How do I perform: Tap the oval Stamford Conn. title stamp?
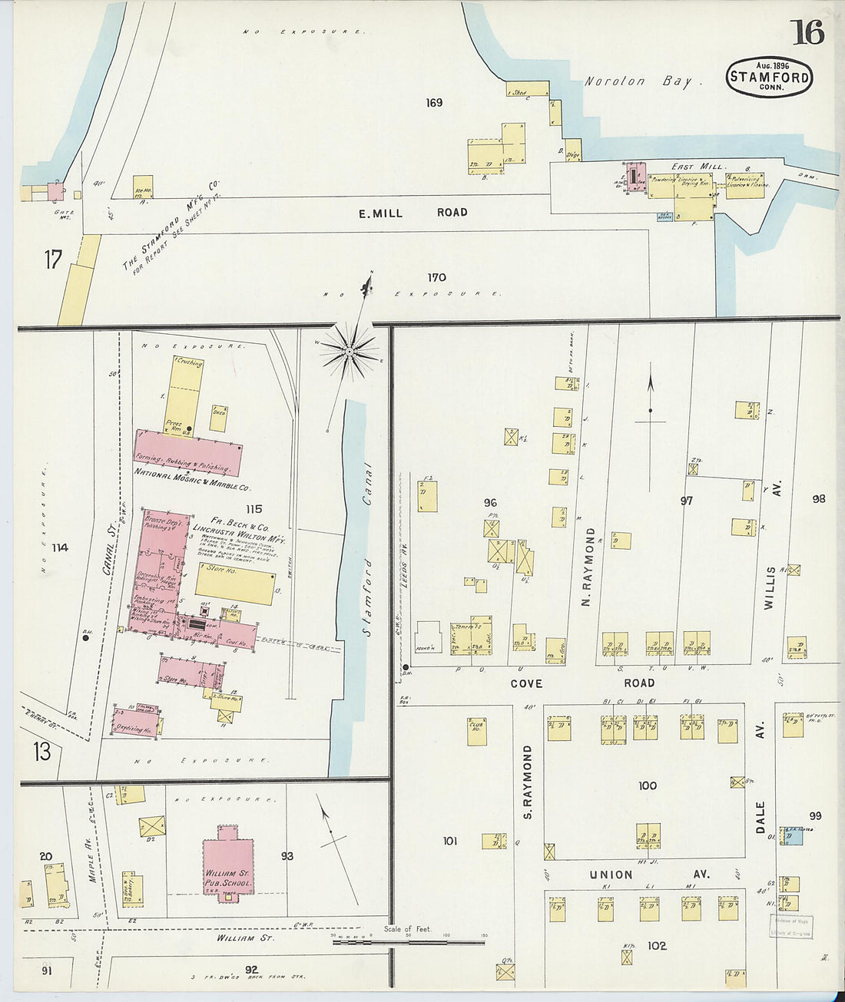(769, 77)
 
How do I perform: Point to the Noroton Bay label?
(637, 81)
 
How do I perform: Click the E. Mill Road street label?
(413, 213)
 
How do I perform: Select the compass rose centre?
(350, 351)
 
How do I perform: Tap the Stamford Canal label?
(368, 549)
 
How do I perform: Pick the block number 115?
(253, 508)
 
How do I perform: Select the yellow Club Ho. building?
(476, 730)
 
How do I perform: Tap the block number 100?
(647, 785)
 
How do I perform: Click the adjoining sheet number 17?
(52, 260)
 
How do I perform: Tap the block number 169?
(434, 102)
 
